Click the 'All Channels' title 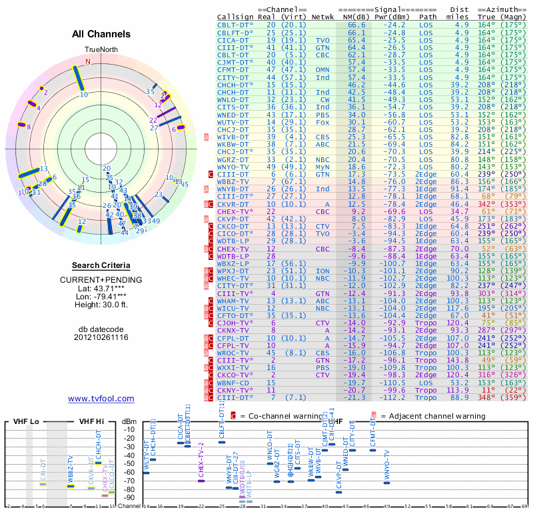coord(101,34)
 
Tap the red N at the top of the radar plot coord(87,61)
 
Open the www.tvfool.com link coord(101,399)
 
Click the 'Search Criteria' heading coord(101,265)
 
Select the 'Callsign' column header coord(236,17)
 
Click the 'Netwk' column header coord(324,17)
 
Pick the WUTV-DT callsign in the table coord(233,123)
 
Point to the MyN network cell coord(322,165)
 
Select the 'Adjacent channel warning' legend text coord(432,416)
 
